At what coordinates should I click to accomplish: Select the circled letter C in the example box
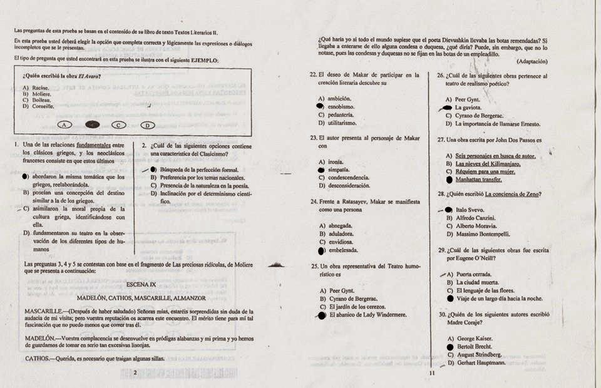[x=118, y=125]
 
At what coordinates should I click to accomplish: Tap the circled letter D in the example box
[x=146, y=125]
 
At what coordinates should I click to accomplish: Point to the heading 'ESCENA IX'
[x=141, y=283]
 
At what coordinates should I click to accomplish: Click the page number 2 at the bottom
[x=135, y=373]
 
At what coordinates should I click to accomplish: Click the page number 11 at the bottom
[x=431, y=374]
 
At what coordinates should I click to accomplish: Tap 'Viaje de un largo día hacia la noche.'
[x=499, y=299]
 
